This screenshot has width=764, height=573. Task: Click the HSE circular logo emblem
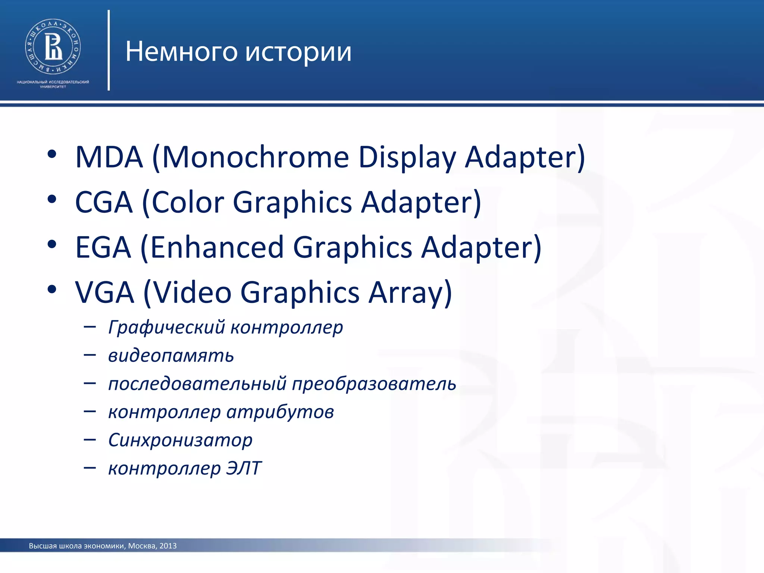pos(53,47)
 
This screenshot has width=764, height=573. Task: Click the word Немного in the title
pos(181,51)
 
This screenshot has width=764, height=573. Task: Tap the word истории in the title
pos(298,51)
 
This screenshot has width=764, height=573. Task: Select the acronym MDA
pos(109,157)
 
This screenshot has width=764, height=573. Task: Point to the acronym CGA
pos(104,203)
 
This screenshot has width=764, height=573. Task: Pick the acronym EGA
pos(103,247)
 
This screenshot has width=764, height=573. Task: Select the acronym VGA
pos(104,292)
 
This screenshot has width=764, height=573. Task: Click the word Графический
pos(166,328)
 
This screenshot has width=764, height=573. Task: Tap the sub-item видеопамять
pos(171,356)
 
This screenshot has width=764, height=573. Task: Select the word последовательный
pos(197,384)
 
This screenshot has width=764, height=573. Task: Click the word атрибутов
pos(280,412)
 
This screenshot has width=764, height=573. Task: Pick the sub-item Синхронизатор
pos(180,440)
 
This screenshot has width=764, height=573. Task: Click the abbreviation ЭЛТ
pos(244,468)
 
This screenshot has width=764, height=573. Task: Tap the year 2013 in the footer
pos(168,546)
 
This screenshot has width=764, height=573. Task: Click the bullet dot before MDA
pos(52,154)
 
